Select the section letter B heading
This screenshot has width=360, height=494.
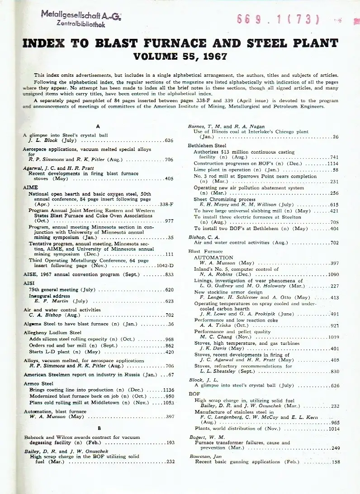(99, 428)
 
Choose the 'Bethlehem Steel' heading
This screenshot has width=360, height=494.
(207, 146)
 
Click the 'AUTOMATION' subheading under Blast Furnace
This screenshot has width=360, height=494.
(213, 257)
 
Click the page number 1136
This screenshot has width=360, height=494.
(167, 390)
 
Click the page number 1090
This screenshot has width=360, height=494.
(333, 274)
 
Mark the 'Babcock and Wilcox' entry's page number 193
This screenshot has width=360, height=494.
(170, 443)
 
